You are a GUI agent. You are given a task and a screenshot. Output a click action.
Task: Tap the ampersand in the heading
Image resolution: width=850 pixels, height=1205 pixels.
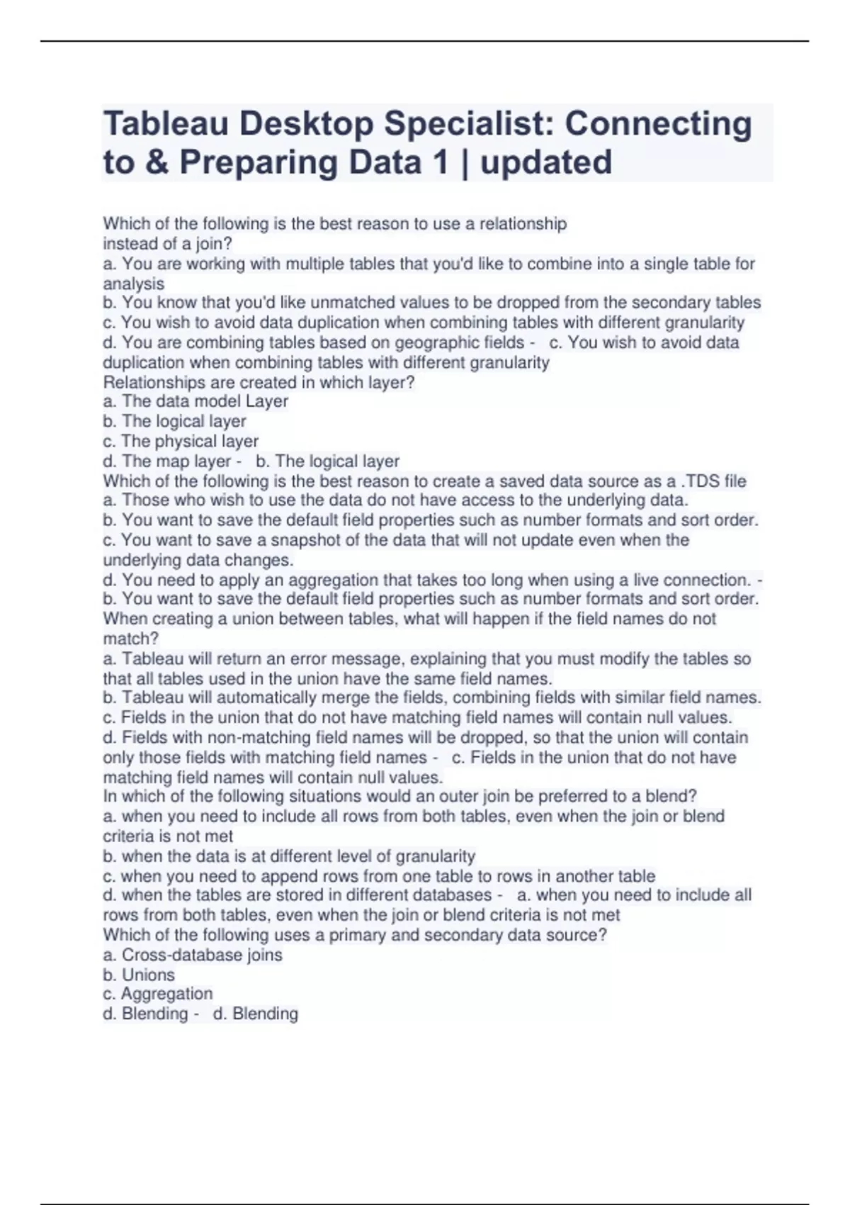(156, 162)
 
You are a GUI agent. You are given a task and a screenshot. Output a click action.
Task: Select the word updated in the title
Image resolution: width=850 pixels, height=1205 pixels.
(545, 162)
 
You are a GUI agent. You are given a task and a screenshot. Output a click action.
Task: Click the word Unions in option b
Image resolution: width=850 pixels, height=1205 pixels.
(148, 975)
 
